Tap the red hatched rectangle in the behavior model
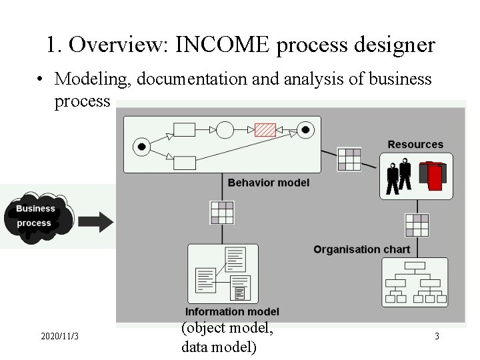[x=265, y=129]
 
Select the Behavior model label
[x=269, y=183]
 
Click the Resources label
[x=415, y=145]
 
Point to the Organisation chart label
[x=362, y=249]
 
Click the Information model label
[x=232, y=311]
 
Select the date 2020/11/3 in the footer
[x=59, y=337]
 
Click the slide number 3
[x=437, y=337]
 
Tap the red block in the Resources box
[x=434, y=175]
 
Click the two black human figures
[x=399, y=176]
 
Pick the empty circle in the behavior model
[x=225, y=129]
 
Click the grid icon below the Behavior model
[x=222, y=212]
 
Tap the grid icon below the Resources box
[x=417, y=225]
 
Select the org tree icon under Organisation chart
[x=415, y=283]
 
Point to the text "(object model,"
[x=227, y=328]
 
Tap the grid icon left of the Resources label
[x=349, y=159]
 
